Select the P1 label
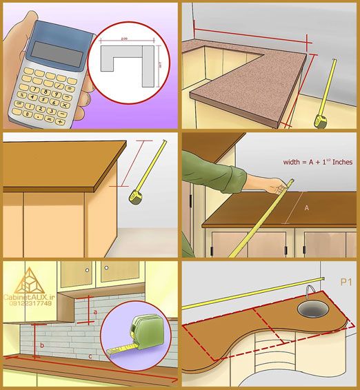tap(346, 282)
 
